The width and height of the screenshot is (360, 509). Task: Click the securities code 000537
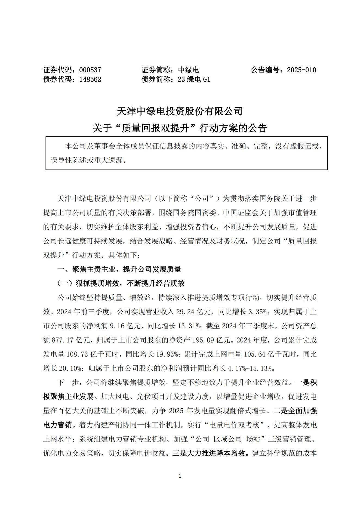tap(90, 70)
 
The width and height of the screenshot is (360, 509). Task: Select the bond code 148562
tap(90, 79)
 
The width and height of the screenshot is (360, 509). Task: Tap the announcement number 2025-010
tap(301, 70)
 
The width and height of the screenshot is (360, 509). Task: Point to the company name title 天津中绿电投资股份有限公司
tap(180, 111)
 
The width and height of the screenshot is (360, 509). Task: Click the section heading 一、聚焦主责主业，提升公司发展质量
tap(119, 269)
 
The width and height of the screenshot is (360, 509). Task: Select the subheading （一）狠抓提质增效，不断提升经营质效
tap(121, 283)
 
